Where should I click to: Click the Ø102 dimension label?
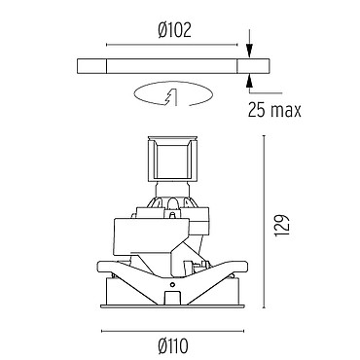175,31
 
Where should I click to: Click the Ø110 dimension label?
173,345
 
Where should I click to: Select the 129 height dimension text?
281,225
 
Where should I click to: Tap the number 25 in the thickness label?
257,110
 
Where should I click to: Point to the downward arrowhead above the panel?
249,52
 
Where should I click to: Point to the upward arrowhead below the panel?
249,81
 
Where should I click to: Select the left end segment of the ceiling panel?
91,66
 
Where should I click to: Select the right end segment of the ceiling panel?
253,66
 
